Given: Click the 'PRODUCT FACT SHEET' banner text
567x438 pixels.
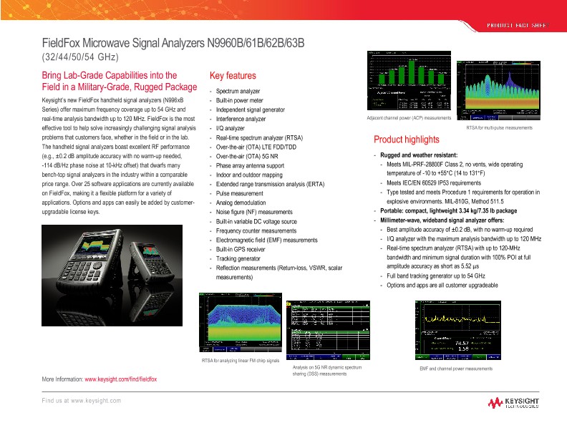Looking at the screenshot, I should pyautogui.click(x=517, y=25).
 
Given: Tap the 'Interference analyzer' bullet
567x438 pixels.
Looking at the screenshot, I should pyautogui.click(x=241, y=119).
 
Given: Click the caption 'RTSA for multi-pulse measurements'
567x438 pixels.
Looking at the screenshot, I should pyautogui.click(x=499, y=127).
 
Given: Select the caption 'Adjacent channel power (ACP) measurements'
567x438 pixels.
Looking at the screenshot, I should pyautogui.click(x=408, y=117).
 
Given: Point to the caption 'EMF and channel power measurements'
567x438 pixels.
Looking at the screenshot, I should pyautogui.click(x=455, y=369).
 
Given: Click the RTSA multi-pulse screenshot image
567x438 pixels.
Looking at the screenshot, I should pyautogui.click(x=499, y=93).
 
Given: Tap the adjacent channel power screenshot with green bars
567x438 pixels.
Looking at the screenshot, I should pyautogui.click(x=408, y=82).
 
